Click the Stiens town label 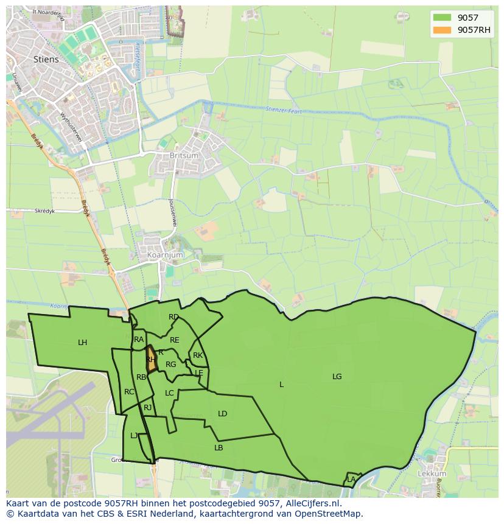click(x=47, y=59)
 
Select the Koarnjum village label click(x=161, y=255)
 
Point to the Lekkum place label click(x=432, y=473)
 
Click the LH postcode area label click(x=82, y=343)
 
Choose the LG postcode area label click(x=337, y=377)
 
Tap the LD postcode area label click(x=222, y=414)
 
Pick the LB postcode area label click(x=219, y=448)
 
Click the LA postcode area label click(x=351, y=480)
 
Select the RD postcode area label click(x=173, y=317)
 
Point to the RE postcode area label click(x=175, y=340)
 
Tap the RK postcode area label click(x=197, y=355)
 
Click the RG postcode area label click(x=170, y=365)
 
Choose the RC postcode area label click(x=129, y=392)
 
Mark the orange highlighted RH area click(x=150, y=359)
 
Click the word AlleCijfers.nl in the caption click(x=312, y=504)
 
